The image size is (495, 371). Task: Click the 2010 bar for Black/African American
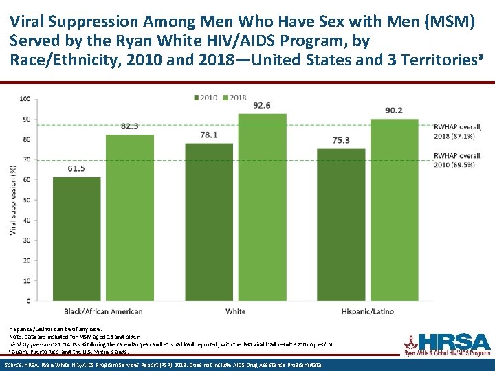coord(76,238)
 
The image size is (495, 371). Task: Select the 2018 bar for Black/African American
coord(129,217)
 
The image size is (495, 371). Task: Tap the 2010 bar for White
coord(209,221)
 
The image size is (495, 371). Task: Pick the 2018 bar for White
coord(262,207)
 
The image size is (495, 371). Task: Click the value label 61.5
coord(76,168)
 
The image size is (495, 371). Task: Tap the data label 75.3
coord(341,140)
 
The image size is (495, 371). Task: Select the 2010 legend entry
coord(206,98)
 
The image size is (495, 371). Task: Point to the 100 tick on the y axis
coord(25,98)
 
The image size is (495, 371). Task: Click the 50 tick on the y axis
coord(26,200)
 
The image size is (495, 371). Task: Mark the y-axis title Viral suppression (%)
coord(12,199)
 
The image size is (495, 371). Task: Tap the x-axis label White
coord(235,311)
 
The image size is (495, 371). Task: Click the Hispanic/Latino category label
coord(368,311)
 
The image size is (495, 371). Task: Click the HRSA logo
coord(446,344)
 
